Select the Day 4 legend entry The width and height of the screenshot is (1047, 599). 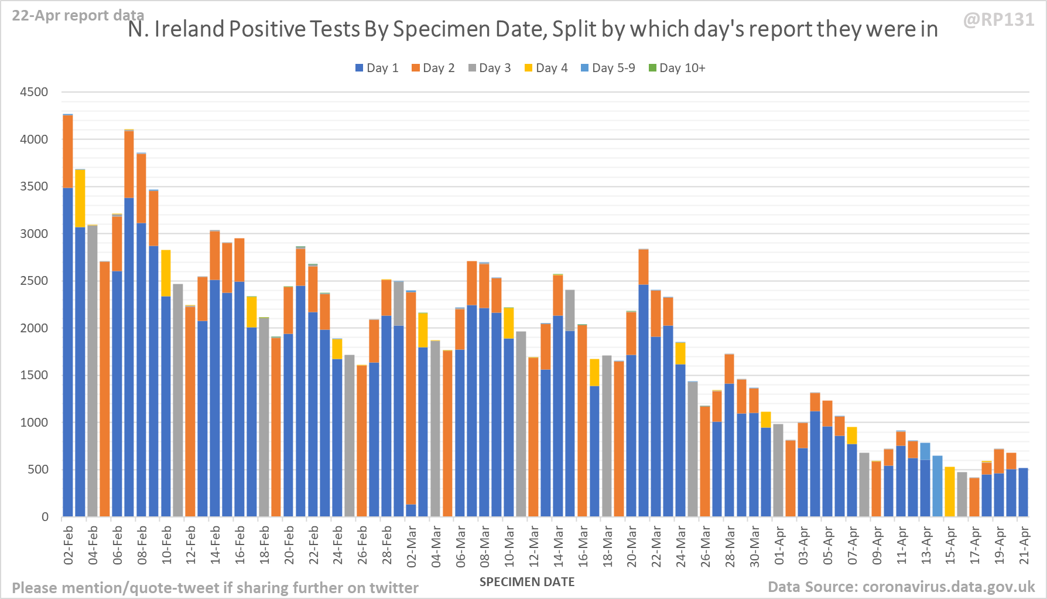point(546,68)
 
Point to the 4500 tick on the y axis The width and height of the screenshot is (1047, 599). point(34,92)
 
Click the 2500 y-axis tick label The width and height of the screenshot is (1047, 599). point(34,281)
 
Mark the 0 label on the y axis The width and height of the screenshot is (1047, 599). point(45,517)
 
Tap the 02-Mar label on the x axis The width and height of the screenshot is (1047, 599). point(412,546)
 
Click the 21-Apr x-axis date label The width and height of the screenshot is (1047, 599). point(1024,546)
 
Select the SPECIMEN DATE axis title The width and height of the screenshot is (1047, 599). point(527,582)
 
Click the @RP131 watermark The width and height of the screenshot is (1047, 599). point(998,20)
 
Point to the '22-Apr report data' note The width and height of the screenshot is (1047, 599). point(78,15)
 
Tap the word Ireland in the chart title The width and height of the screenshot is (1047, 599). point(189,29)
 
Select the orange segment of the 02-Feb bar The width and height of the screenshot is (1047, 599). point(68,151)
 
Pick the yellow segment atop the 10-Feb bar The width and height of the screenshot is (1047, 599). point(166,273)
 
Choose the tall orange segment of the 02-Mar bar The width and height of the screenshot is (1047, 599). point(411,399)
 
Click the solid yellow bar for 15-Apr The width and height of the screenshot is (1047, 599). point(950,492)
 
